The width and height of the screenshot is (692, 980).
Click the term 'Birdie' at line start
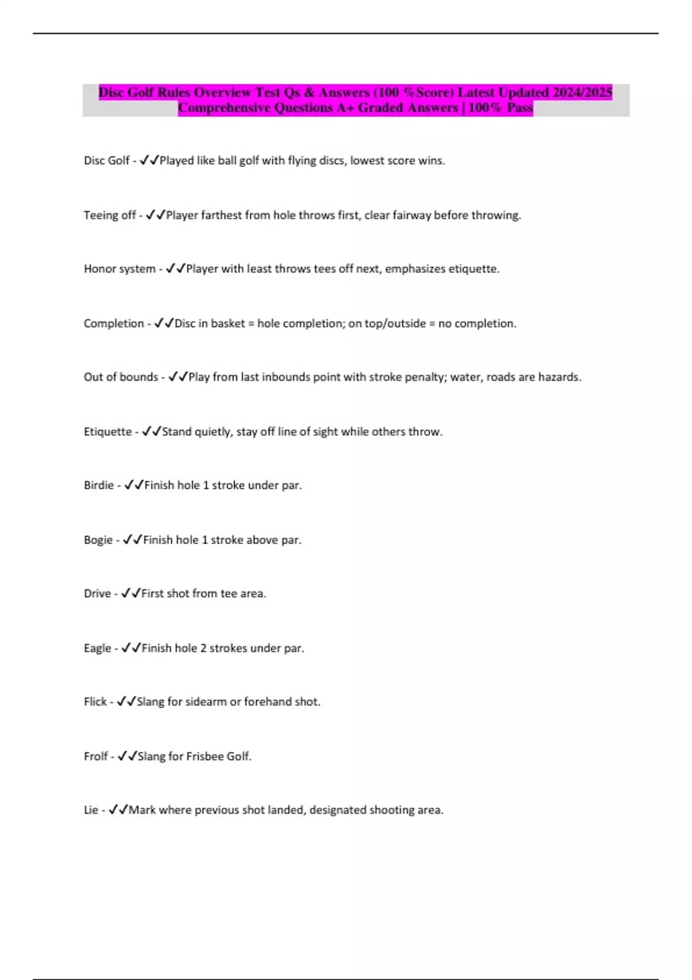(x=99, y=485)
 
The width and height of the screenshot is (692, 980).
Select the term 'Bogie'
(x=98, y=540)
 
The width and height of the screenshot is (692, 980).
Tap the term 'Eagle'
(x=97, y=649)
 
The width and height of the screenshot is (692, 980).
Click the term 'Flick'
(x=95, y=702)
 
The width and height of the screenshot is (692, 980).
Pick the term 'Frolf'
(x=96, y=756)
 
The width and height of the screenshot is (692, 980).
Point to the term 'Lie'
(x=91, y=810)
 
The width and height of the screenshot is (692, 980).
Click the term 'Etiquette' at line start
(x=108, y=432)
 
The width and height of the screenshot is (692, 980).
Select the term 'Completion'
(x=114, y=323)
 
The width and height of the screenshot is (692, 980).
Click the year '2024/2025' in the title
(x=582, y=92)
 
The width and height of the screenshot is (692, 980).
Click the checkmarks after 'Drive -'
(x=131, y=594)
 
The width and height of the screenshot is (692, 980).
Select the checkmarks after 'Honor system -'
(x=175, y=269)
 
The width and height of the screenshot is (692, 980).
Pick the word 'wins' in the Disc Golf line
(x=431, y=161)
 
